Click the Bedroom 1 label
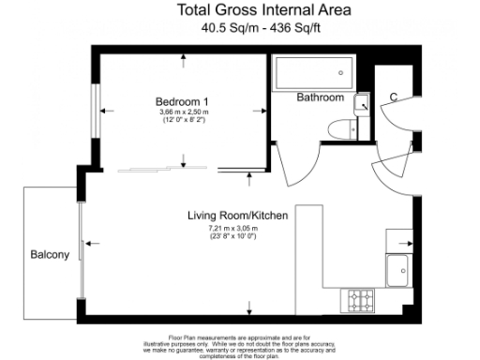point(180,101)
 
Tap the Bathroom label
point(320,97)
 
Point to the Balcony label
point(47,254)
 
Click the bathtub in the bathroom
point(313,72)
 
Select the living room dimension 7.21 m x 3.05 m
point(234,228)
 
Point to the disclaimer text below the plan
point(240,343)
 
